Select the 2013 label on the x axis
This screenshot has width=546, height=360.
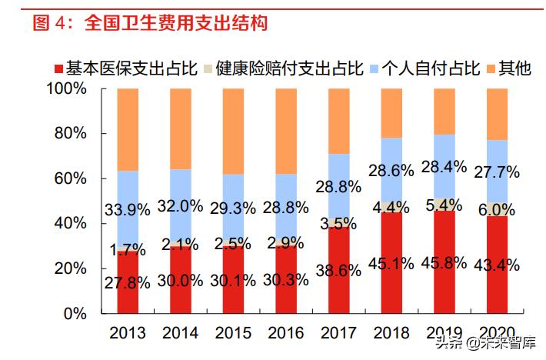[128, 332]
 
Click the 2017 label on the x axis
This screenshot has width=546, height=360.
[338, 332]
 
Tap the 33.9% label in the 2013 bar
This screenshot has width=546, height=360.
[123, 210]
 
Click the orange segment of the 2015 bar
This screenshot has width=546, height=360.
[233, 131]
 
